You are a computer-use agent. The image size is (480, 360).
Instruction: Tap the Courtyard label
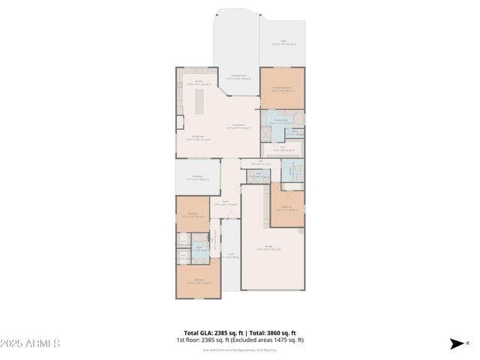[x=198, y=178]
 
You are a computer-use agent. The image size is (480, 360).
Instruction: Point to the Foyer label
[x=225, y=202]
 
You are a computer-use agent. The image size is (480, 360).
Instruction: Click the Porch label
[x=231, y=255]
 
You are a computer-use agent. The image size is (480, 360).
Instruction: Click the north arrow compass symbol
[x=457, y=343]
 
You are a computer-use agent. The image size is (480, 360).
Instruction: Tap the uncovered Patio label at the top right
[x=283, y=43]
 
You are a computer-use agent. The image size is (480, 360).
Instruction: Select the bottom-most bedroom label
[x=199, y=282]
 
